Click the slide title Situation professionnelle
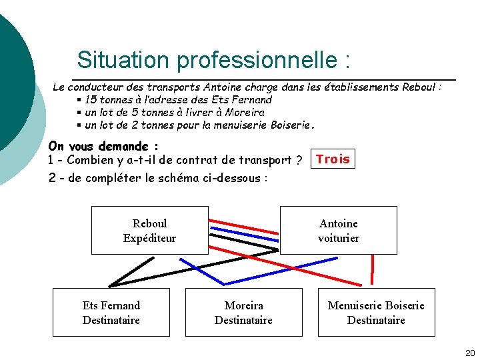tap(213, 59)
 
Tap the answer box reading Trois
tap(333, 159)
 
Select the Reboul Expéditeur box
tap(149, 231)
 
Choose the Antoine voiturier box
tap(338, 231)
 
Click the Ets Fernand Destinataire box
tap(111, 312)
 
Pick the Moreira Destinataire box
tap(243, 312)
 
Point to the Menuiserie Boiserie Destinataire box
tap(376, 312)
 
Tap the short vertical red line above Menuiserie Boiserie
tap(372, 269)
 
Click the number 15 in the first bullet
tap(91, 99)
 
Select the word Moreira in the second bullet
tap(245, 112)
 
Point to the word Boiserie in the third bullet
tap(291, 125)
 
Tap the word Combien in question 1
tap(89, 160)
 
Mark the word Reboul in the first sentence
tap(420, 87)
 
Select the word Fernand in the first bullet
tap(254, 99)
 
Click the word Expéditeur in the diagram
tap(149, 238)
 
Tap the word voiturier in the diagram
tap(339, 238)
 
